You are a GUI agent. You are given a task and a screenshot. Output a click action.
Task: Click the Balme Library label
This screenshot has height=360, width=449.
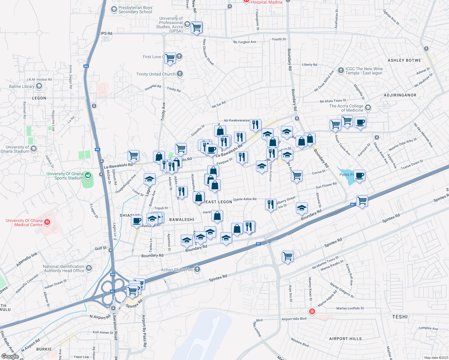(x=22, y=86)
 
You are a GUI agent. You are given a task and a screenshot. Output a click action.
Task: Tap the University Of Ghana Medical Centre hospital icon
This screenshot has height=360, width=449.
(x=47, y=222)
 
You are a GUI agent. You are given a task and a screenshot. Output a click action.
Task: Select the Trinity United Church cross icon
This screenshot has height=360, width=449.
(x=180, y=73)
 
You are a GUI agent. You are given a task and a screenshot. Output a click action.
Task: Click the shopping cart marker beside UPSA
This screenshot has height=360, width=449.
(x=197, y=28)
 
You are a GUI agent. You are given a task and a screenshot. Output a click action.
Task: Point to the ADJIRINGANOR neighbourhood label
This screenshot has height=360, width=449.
(x=400, y=95)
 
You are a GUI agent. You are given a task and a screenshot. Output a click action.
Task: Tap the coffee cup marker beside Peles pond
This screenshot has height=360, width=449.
(x=359, y=175)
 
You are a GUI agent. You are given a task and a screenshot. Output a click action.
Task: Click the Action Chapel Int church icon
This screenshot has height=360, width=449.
(x=197, y=269)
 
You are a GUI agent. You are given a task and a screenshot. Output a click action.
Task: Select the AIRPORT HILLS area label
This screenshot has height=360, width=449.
(x=345, y=339)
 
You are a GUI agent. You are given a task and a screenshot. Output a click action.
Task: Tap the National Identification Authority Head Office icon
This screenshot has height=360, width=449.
(x=89, y=268)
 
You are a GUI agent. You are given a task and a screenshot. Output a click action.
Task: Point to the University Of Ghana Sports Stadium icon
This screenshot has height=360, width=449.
(x=88, y=175)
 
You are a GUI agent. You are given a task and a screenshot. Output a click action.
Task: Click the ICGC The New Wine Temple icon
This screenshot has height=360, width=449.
(x=341, y=70)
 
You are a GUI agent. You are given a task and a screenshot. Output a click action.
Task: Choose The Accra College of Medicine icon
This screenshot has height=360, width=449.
(x=368, y=107)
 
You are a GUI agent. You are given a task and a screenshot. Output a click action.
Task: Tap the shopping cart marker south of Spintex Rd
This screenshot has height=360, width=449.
(x=288, y=256)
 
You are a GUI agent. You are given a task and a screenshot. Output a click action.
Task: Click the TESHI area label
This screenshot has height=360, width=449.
(x=400, y=317)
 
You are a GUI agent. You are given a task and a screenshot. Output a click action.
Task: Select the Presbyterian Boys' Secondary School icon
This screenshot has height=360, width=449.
(x=114, y=9)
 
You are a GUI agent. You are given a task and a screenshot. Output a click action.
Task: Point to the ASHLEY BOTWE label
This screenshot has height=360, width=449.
(x=404, y=60)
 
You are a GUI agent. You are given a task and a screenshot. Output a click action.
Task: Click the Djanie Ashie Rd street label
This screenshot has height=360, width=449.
(x=245, y=199)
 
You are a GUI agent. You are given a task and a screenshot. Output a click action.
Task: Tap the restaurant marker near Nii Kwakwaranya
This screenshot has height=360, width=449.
(x=255, y=124)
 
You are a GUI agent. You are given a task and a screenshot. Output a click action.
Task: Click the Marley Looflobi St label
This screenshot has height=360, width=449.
(x=350, y=308)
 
